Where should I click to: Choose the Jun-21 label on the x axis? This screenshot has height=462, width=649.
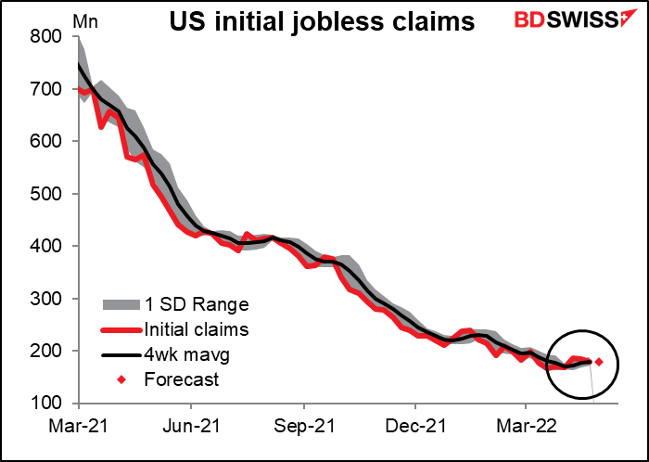click(x=191, y=430)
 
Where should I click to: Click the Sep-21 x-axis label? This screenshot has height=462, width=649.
click(x=303, y=430)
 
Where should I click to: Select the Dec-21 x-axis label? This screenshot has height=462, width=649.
click(x=414, y=430)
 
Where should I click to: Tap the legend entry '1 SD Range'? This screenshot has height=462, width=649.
click(x=184, y=304)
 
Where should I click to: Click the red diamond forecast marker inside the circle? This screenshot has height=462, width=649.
click(x=599, y=362)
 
